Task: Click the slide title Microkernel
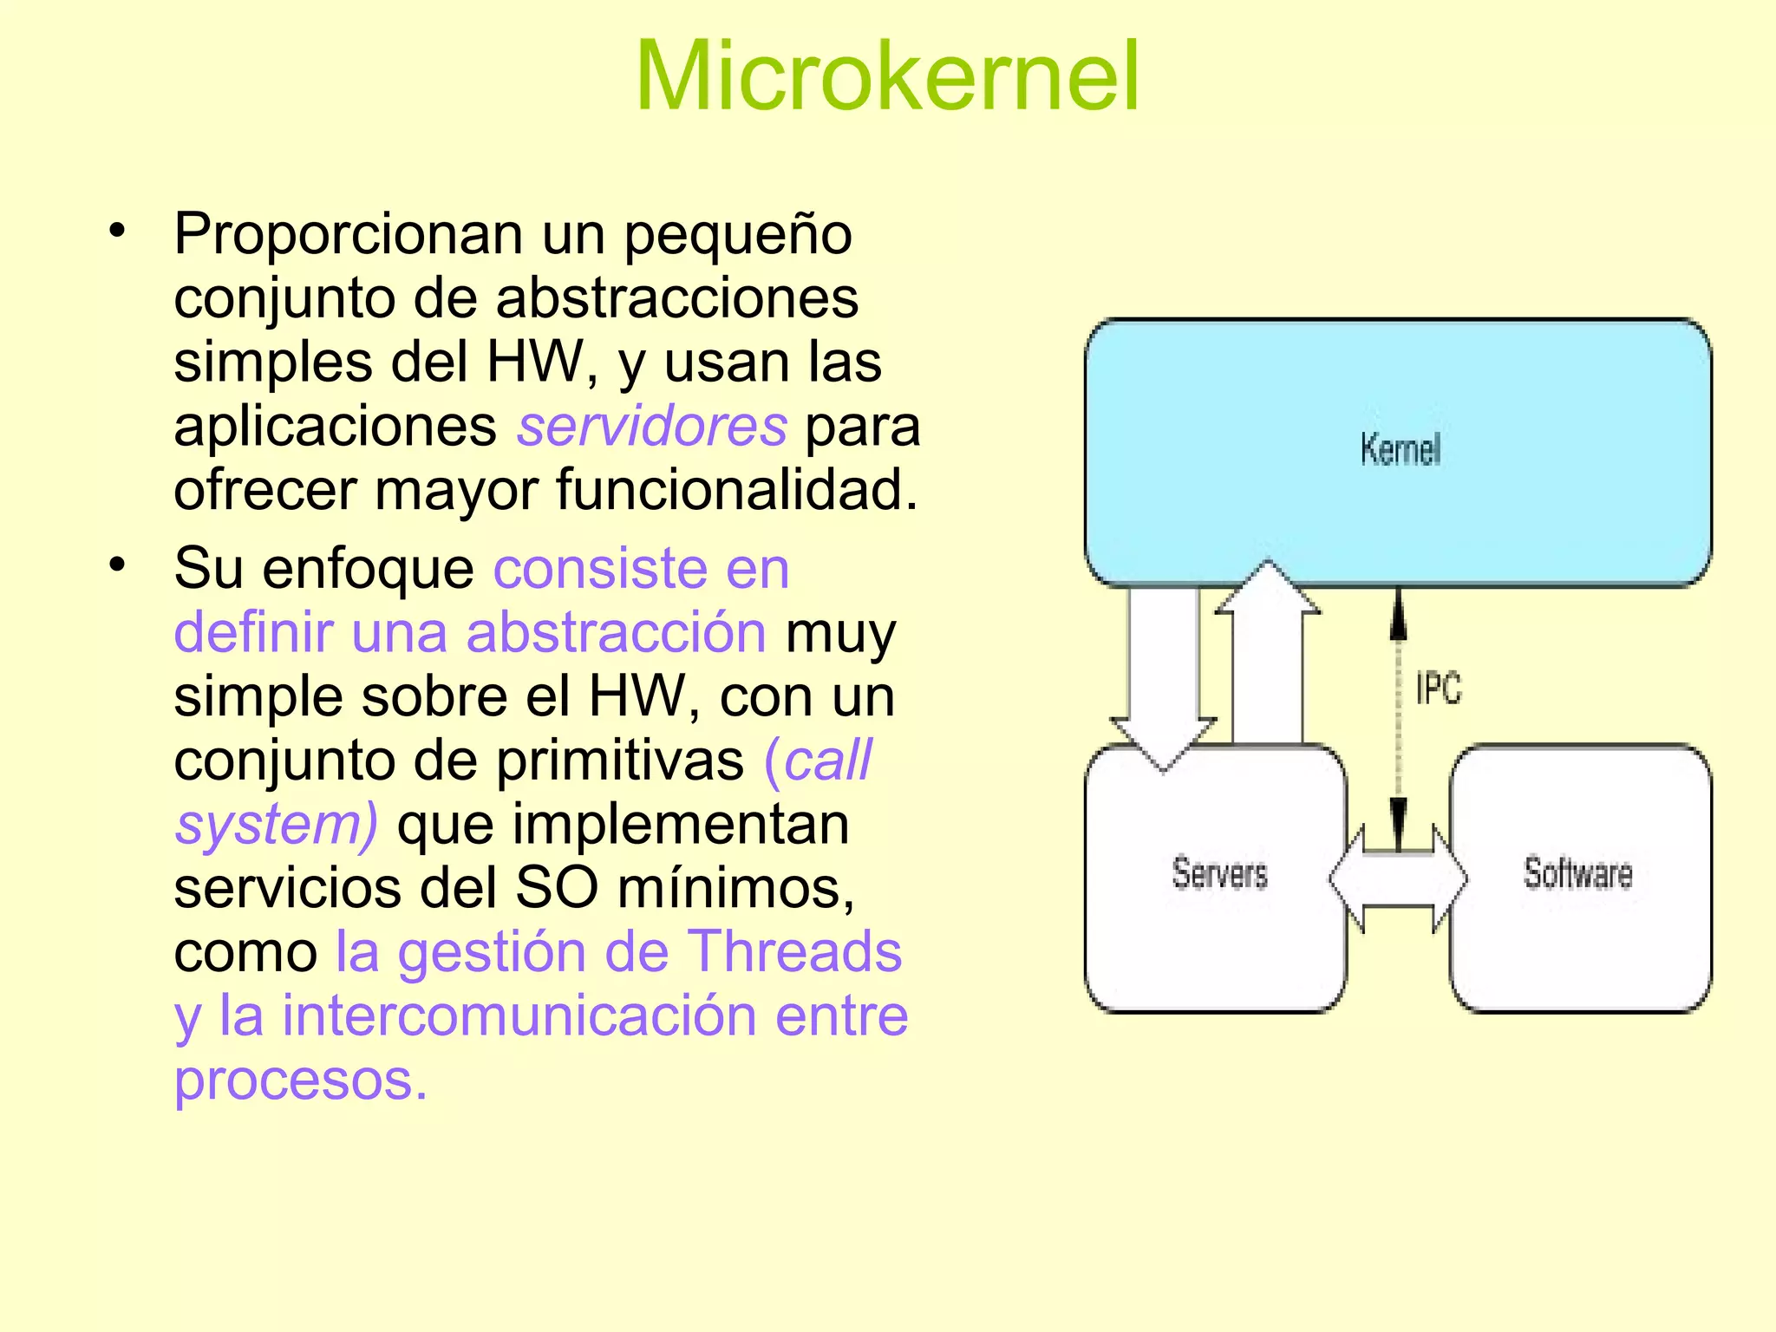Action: (x=887, y=78)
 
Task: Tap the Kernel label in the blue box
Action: (x=1400, y=450)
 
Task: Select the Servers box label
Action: (x=1219, y=873)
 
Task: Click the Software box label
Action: (x=1577, y=873)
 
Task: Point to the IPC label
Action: (x=1438, y=689)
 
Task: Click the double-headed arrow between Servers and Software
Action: (x=1398, y=879)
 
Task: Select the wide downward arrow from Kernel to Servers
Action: (x=1164, y=676)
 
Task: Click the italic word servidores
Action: (x=652, y=427)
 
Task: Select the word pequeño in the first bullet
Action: (x=738, y=235)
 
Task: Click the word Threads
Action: (x=794, y=952)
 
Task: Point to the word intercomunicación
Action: (x=519, y=1015)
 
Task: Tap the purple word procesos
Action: (x=301, y=1081)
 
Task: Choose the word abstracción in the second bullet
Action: (x=616, y=633)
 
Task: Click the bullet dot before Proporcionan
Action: (x=117, y=232)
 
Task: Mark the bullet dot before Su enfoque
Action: (x=117, y=566)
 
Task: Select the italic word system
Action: (x=271, y=825)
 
